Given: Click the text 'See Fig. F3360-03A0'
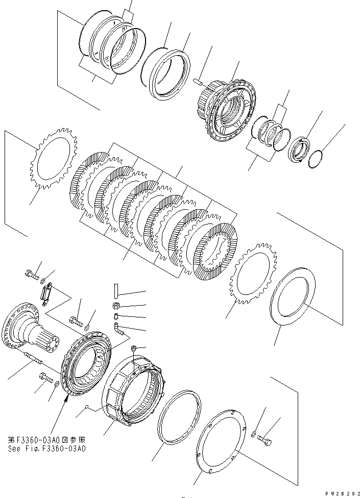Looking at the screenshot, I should click(46, 449).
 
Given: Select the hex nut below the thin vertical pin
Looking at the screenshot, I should click(116, 306).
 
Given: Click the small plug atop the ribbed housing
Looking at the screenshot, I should click(134, 348).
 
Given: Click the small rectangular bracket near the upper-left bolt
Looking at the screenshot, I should click(46, 295).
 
